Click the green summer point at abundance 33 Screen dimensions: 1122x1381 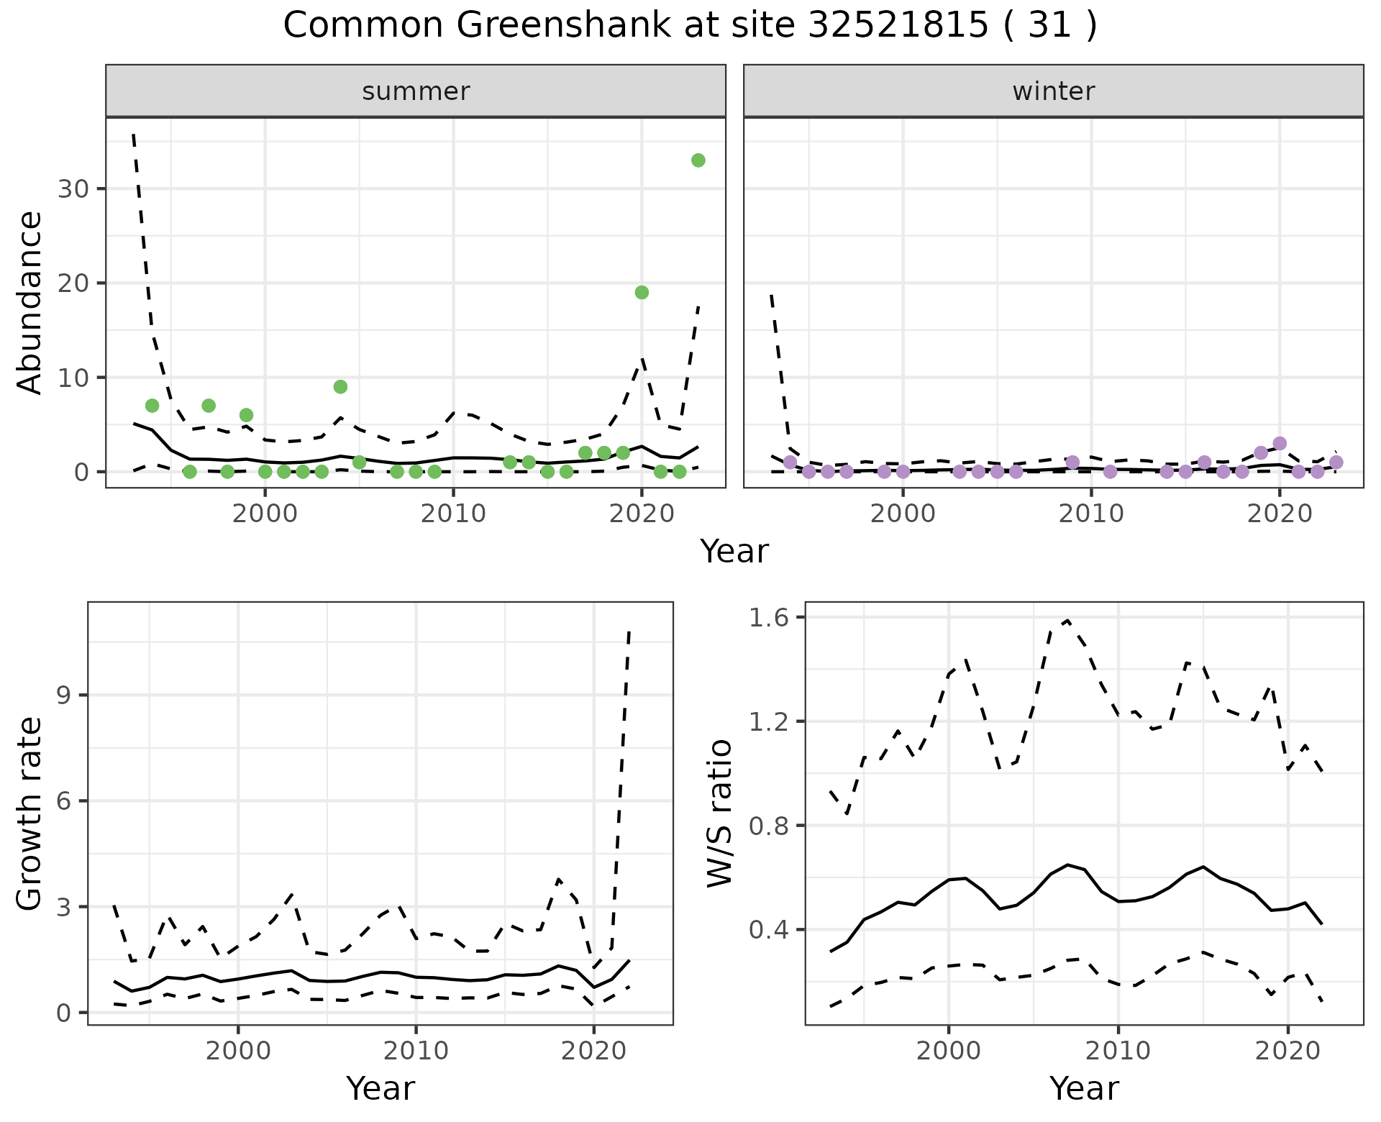(698, 160)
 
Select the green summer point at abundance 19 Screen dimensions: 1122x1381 (642, 292)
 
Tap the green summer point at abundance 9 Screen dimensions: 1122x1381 (340, 387)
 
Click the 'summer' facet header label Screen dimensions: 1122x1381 (416, 91)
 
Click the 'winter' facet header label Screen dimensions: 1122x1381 (1053, 91)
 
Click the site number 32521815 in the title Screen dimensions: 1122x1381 (898, 26)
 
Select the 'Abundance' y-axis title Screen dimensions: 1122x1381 (30, 302)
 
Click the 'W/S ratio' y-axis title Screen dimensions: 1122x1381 (720, 813)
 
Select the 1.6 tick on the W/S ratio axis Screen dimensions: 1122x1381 (769, 617)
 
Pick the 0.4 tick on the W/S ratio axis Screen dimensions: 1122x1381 (769, 930)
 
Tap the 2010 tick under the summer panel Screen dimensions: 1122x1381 (453, 514)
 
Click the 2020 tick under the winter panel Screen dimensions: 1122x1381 (1280, 514)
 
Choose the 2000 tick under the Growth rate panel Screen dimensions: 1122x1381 (238, 1051)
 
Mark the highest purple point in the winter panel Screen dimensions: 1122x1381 (1279, 444)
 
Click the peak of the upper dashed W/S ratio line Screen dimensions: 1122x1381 (1067, 620)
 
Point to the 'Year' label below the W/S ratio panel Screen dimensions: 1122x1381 (1084, 1088)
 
